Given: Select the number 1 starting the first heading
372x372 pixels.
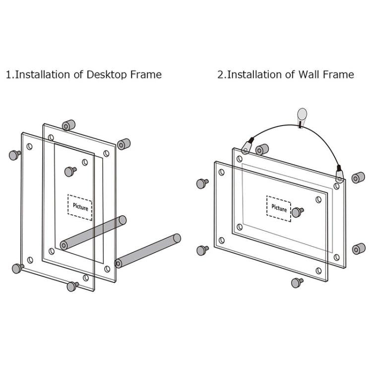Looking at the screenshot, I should [x=8, y=75].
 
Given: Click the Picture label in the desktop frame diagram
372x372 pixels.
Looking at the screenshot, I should [x=80, y=207].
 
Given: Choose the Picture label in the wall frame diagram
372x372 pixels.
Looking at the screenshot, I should [x=279, y=208].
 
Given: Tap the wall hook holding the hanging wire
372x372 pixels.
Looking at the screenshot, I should [x=302, y=117].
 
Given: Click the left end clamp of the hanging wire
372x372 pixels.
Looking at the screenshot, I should [x=247, y=146].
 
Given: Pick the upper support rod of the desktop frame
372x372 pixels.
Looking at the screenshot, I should [x=93, y=232].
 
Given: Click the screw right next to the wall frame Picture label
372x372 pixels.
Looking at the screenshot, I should [x=298, y=212].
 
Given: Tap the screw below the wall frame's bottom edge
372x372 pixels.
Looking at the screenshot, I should [x=298, y=283].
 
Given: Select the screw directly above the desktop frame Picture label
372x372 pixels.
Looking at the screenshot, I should [x=70, y=172].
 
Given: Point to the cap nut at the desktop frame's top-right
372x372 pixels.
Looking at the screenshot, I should [x=124, y=144].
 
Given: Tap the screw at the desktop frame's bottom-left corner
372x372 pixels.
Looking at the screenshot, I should [x=18, y=268].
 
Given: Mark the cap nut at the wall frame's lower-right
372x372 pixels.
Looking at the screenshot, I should [x=358, y=248].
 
